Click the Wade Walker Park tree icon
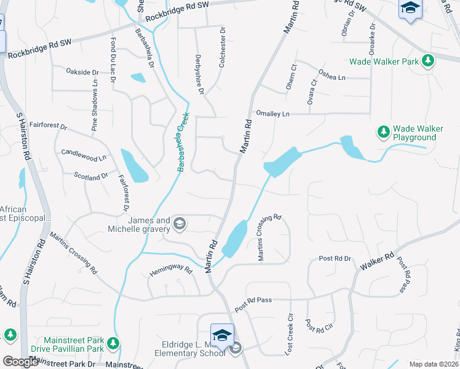427,61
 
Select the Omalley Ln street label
272,114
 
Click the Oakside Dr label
82,72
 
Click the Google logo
20,362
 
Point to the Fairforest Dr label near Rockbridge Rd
48,126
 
